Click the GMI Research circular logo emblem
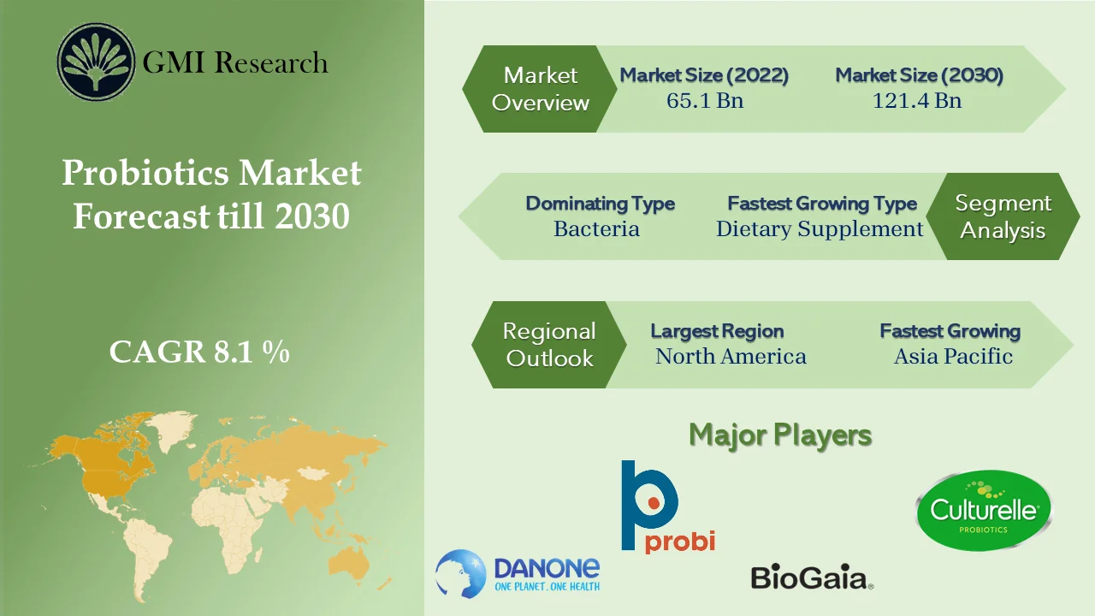[96, 62]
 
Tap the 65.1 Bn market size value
[705, 101]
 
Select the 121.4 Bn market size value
[917, 101]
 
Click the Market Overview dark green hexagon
[540, 89]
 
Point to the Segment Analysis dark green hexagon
[1003, 216]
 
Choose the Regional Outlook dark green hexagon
[548, 345]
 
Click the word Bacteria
[596, 229]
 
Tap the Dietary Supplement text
[820, 229]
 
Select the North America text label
[731, 357]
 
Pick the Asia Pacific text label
[953, 357]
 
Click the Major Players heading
[780, 435]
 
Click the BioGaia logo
[811, 577]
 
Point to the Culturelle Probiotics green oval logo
[984, 512]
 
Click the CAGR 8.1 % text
[199, 352]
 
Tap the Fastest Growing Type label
[822, 204]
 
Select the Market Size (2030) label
[919, 75]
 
